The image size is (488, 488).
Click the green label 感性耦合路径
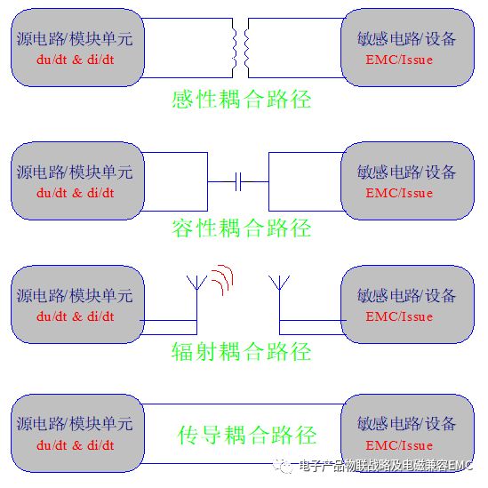(242, 100)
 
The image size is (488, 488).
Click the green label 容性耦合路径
(242, 228)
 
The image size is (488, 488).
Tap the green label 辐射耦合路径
(242, 351)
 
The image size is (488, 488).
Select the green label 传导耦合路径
(247, 435)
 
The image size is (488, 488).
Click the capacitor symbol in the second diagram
(238, 181)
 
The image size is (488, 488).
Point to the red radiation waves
(222, 279)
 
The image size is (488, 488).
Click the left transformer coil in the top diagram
(234, 48)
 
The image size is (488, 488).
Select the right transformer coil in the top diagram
(246, 48)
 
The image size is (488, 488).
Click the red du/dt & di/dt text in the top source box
(75, 60)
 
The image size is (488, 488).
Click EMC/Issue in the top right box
(399, 60)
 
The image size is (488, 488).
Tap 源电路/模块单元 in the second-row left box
(75, 172)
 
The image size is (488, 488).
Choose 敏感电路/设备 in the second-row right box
(406, 172)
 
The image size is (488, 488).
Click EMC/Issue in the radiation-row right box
(399, 316)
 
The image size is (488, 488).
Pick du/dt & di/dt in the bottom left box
(75, 445)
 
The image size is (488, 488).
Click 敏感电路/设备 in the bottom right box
(406, 424)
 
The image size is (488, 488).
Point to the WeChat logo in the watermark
(283, 466)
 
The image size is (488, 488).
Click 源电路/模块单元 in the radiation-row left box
(75, 295)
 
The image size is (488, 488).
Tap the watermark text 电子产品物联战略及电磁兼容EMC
(386, 466)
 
